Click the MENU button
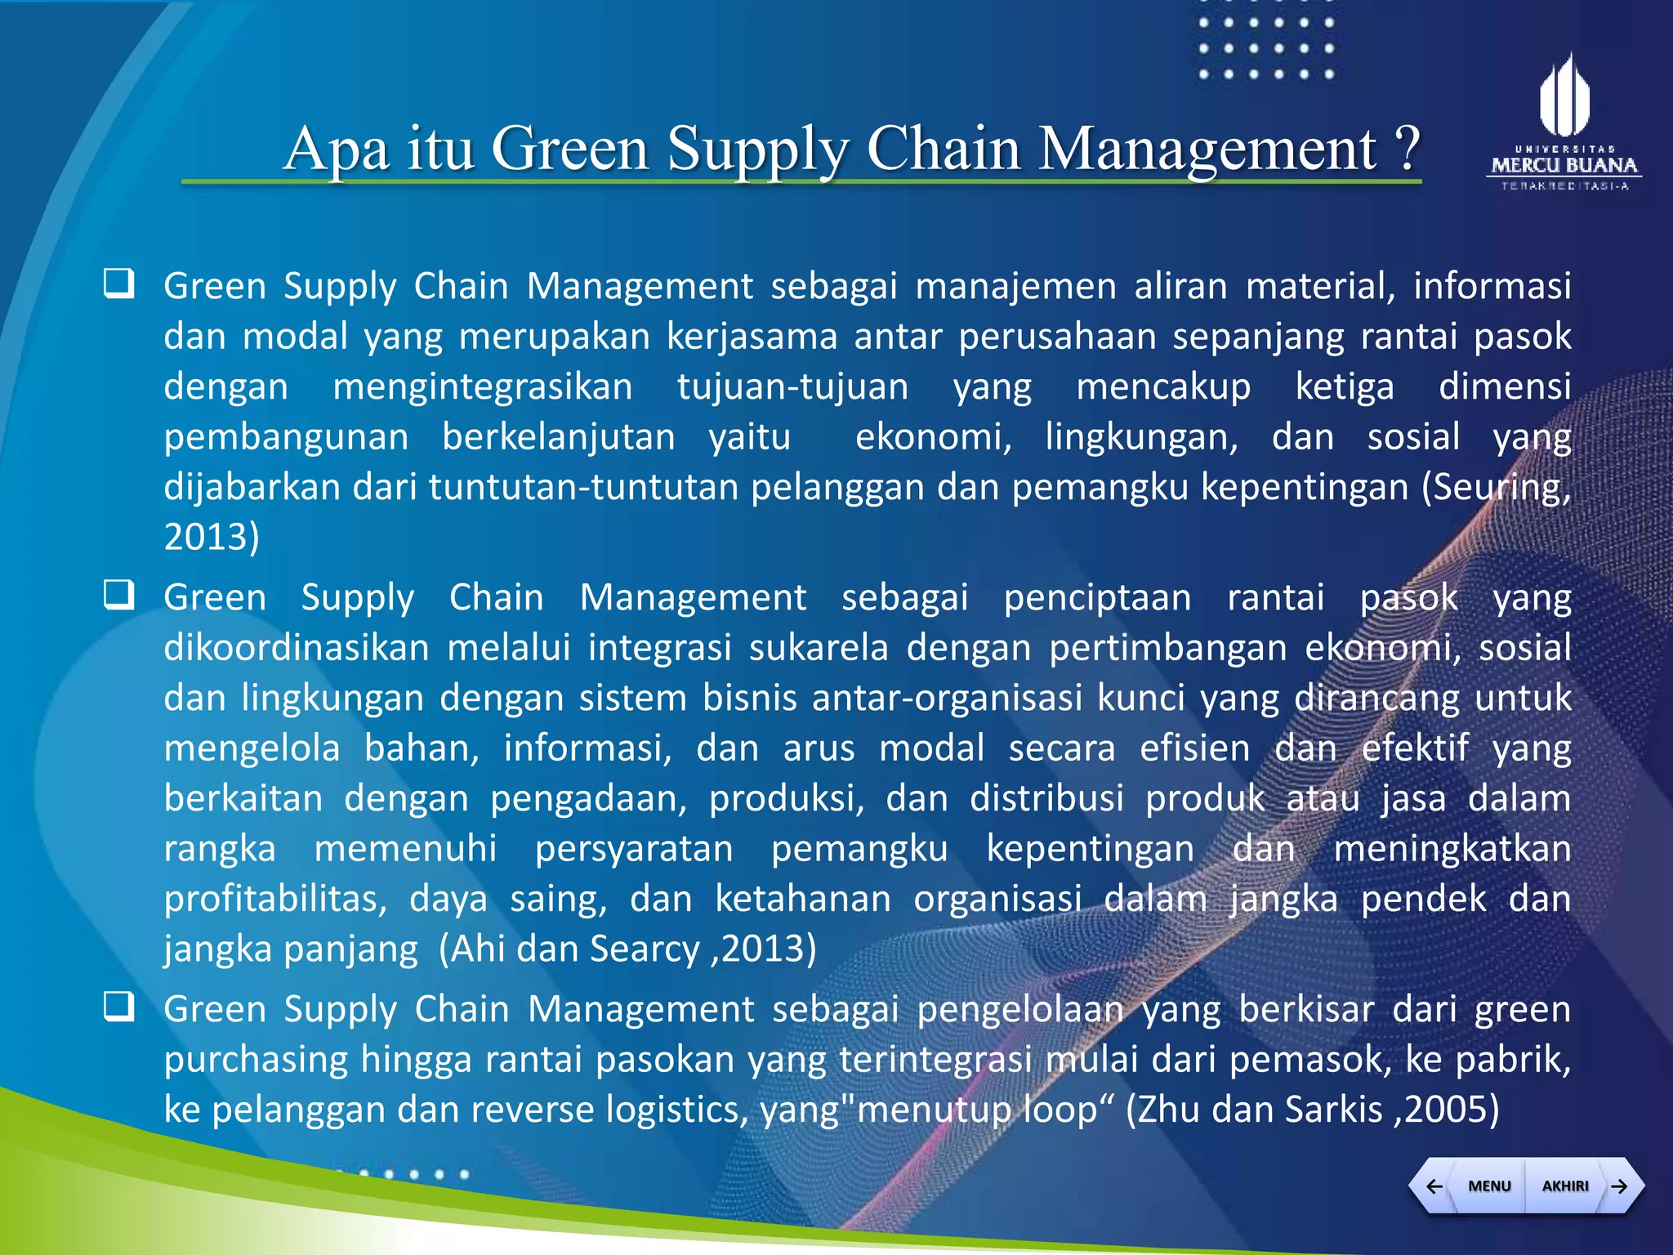click(1488, 1186)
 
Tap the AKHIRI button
click(1564, 1186)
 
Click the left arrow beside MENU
click(1434, 1186)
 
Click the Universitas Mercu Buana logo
click(1564, 123)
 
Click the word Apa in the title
click(336, 150)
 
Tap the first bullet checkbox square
click(119, 284)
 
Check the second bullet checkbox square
click(119, 595)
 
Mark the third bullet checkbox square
click(119, 1007)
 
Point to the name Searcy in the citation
click(645, 949)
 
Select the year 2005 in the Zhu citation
click(1447, 1110)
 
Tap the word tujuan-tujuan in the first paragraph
click(792, 386)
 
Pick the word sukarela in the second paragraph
click(819, 648)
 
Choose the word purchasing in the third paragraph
click(256, 1060)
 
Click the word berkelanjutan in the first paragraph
click(559, 437)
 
